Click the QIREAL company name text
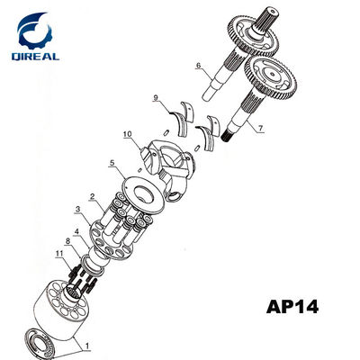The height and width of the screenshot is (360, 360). (35, 56)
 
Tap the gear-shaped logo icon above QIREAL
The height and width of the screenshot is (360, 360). (34, 31)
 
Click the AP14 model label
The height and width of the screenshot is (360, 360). (292, 307)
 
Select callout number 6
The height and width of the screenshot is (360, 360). (198, 65)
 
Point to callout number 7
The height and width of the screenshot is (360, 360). (260, 128)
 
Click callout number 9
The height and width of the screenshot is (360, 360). (156, 97)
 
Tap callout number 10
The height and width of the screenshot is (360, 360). (127, 134)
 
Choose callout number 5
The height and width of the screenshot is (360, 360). (112, 163)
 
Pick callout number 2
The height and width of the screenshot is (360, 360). (93, 196)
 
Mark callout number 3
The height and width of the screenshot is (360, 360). (77, 209)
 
